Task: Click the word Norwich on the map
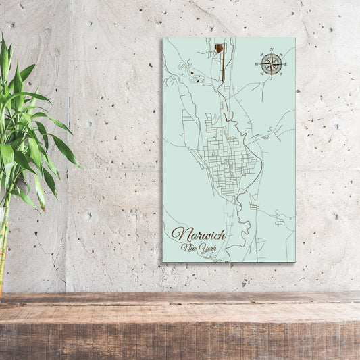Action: (x=198, y=235)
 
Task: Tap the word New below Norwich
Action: (x=191, y=248)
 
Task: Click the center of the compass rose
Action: (x=271, y=64)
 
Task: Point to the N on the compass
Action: (x=271, y=50)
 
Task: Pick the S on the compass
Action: (x=271, y=78)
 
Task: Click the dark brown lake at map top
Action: (x=219, y=47)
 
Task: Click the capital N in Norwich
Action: (x=178, y=234)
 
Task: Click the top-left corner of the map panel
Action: (x=163, y=38)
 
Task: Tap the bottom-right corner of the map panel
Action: (x=295, y=261)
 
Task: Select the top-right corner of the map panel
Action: (x=295, y=38)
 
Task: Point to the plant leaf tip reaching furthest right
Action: (x=80, y=167)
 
